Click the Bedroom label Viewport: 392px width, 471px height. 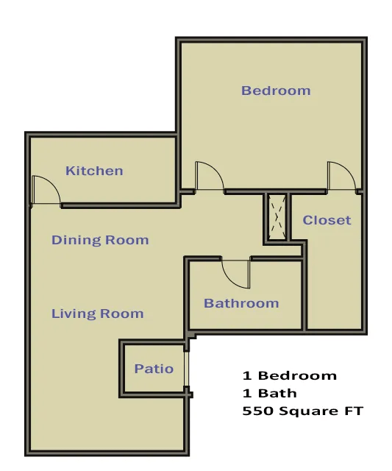point(276,91)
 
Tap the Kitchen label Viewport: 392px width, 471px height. point(94,171)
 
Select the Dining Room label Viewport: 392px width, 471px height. point(100,240)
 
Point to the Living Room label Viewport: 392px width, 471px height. point(97,314)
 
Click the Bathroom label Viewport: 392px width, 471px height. point(241,303)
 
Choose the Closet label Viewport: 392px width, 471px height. point(327,220)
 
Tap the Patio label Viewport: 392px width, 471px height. point(154,369)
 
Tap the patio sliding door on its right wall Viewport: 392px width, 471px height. point(187,369)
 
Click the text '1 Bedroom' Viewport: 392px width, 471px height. point(289,375)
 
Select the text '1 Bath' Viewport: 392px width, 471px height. point(269,393)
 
